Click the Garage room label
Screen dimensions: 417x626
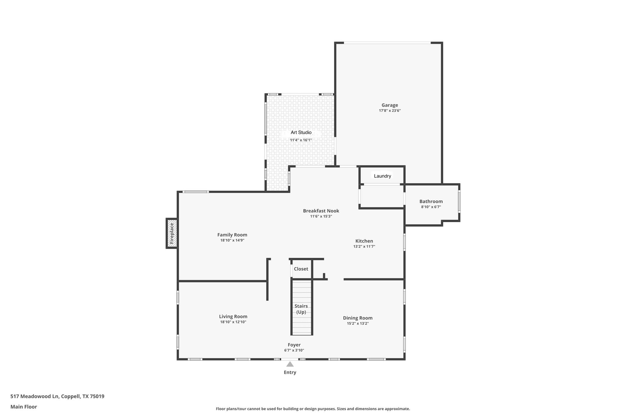(x=389, y=105)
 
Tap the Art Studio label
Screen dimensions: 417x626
(x=301, y=132)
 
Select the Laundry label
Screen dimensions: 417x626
(x=382, y=176)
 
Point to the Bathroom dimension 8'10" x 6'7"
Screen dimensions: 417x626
(x=431, y=207)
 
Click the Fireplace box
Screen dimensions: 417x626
(x=172, y=233)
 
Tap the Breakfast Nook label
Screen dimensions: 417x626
(x=321, y=211)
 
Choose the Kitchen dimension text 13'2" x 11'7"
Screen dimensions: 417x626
(x=364, y=246)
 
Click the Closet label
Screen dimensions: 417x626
(x=301, y=269)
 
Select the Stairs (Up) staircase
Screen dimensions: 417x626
(x=301, y=309)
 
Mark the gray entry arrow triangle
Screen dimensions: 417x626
(x=290, y=364)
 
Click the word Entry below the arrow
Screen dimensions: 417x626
(x=290, y=372)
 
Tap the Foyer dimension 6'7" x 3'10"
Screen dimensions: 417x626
(x=294, y=350)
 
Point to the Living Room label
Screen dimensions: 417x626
(x=233, y=316)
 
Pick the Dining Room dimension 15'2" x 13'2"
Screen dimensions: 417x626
(x=358, y=324)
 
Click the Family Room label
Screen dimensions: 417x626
(x=232, y=235)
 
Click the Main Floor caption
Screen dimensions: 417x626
(x=24, y=407)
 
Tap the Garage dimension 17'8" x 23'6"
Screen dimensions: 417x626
(x=389, y=111)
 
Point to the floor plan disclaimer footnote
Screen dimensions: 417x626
(x=313, y=409)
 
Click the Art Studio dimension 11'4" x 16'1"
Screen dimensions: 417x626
(x=301, y=140)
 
